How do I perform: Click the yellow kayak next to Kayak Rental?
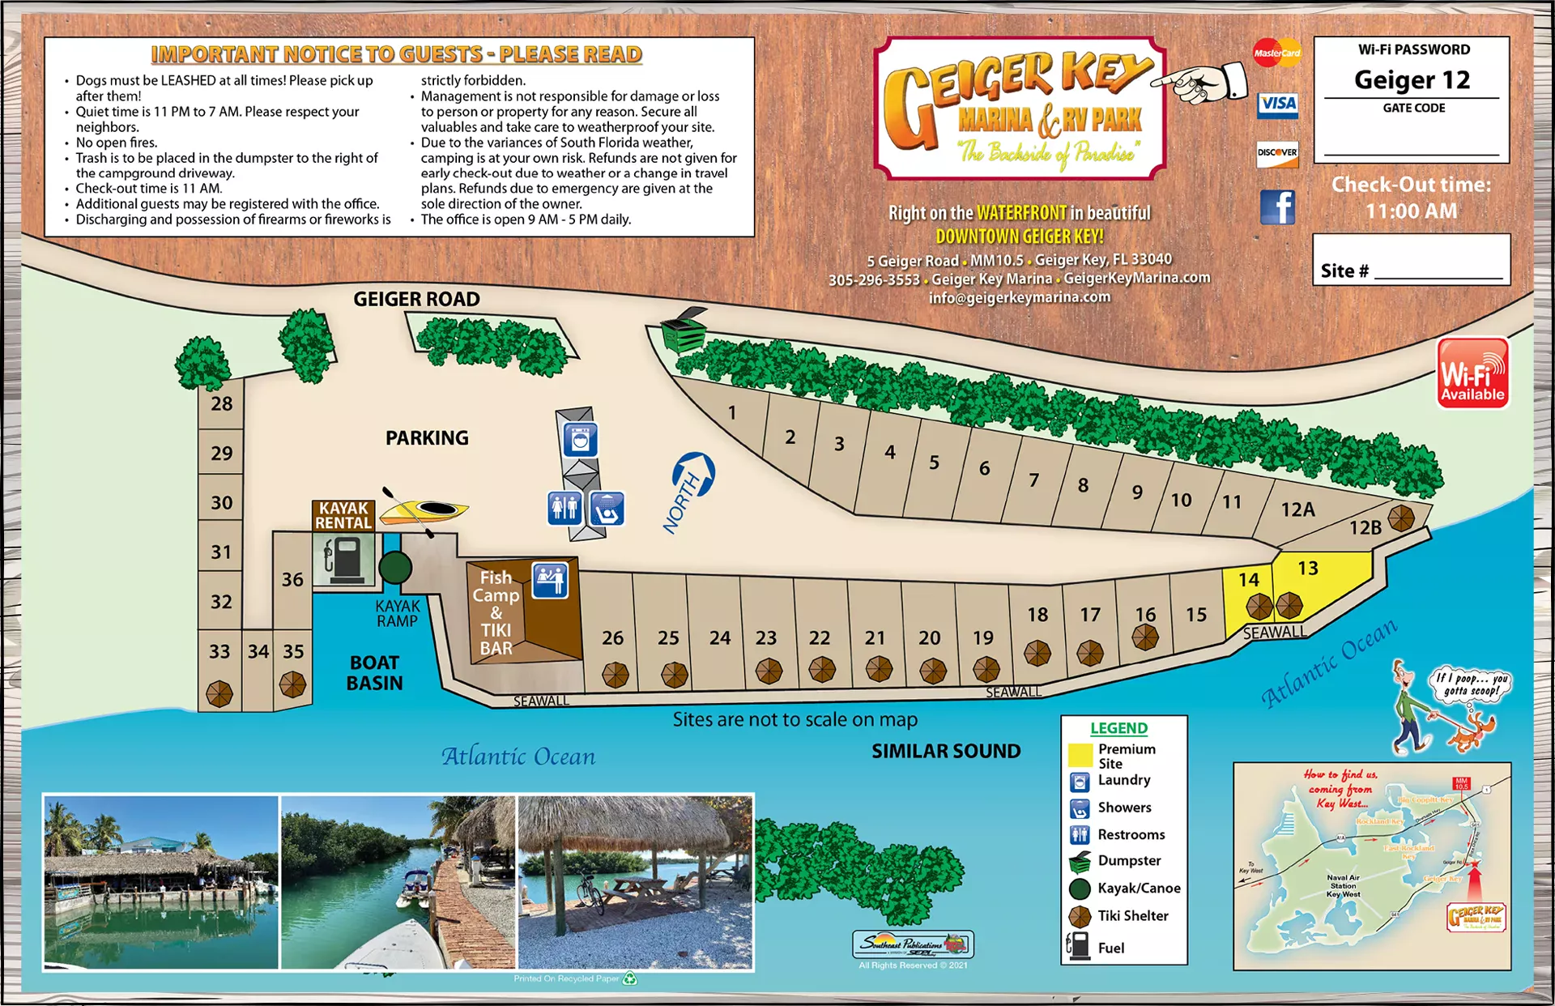[x=424, y=510]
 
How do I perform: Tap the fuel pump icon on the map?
[x=344, y=559]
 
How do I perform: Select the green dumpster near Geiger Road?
[x=683, y=330]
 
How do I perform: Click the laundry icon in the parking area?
[x=580, y=441]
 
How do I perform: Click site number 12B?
[x=1365, y=528]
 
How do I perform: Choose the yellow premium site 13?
[x=1308, y=569]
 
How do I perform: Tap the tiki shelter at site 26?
[x=615, y=674]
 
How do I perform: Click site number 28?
[x=221, y=403]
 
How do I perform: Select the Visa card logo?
[x=1278, y=104]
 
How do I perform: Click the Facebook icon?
[x=1277, y=207]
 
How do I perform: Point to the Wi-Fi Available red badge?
[x=1472, y=373]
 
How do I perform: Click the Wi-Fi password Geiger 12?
[x=1412, y=79]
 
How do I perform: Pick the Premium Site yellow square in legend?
[x=1080, y=755]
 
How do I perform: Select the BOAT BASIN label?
[x=374, y=672]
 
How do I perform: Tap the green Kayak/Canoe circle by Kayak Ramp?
[x=395, y=568]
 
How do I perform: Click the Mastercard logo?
[x=1276, y=53]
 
